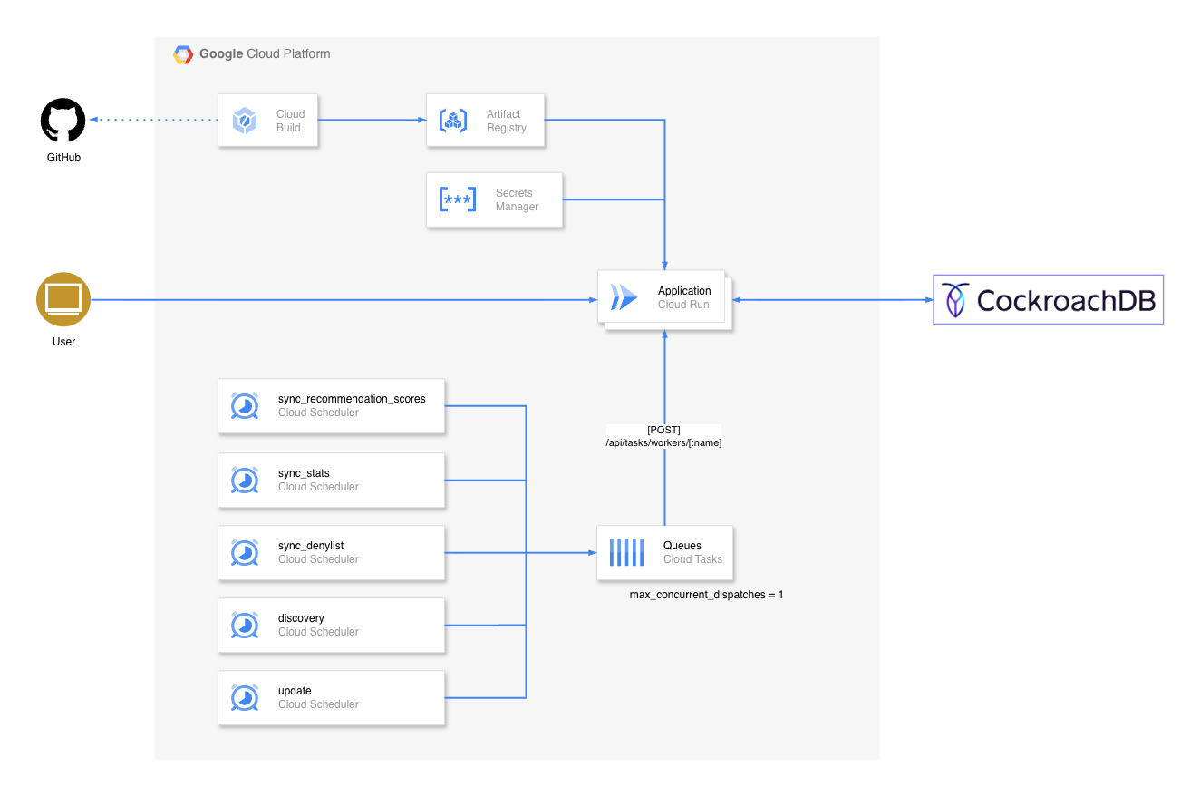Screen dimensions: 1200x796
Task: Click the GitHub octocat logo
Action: [63, 120]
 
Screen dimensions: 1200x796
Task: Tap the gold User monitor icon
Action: [63, 300]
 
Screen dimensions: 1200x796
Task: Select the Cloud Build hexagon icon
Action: [245, 120]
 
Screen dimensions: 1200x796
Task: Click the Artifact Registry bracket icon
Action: [452, 120]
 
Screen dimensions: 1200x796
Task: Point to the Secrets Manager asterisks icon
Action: [458, 199]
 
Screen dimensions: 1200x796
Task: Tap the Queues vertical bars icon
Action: [627, 553]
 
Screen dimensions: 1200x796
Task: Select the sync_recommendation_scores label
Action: [352, 399]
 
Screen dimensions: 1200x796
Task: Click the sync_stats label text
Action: [304, 473]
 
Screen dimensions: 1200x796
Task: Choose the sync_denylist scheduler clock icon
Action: [245, 553]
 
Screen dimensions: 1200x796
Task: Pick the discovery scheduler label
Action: [301, 618]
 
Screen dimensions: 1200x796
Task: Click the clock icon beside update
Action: [245, 698]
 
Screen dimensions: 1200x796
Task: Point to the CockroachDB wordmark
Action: [1066, 300]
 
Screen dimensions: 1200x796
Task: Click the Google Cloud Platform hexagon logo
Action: [183, 54]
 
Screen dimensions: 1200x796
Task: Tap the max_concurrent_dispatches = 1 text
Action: [706, 595]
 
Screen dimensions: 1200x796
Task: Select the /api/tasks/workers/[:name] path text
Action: [663, 442]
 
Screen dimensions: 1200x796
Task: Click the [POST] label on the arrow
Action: [663, 430]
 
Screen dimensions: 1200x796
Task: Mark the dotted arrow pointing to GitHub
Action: [154, 120]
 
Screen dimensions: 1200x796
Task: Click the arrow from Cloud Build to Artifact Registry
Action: [373, 120]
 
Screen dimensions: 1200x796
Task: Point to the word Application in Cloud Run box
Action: [684, 291]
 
